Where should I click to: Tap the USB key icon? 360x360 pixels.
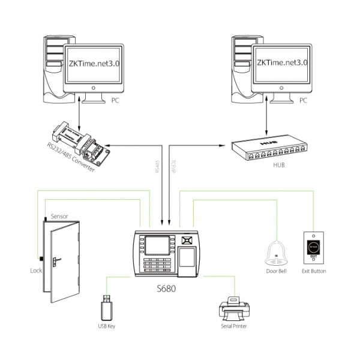tap(106, 307)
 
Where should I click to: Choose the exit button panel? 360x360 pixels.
tap(313, 247)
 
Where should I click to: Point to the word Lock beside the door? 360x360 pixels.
tap(36, 271)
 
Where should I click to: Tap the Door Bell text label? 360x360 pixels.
tap(277, 271)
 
